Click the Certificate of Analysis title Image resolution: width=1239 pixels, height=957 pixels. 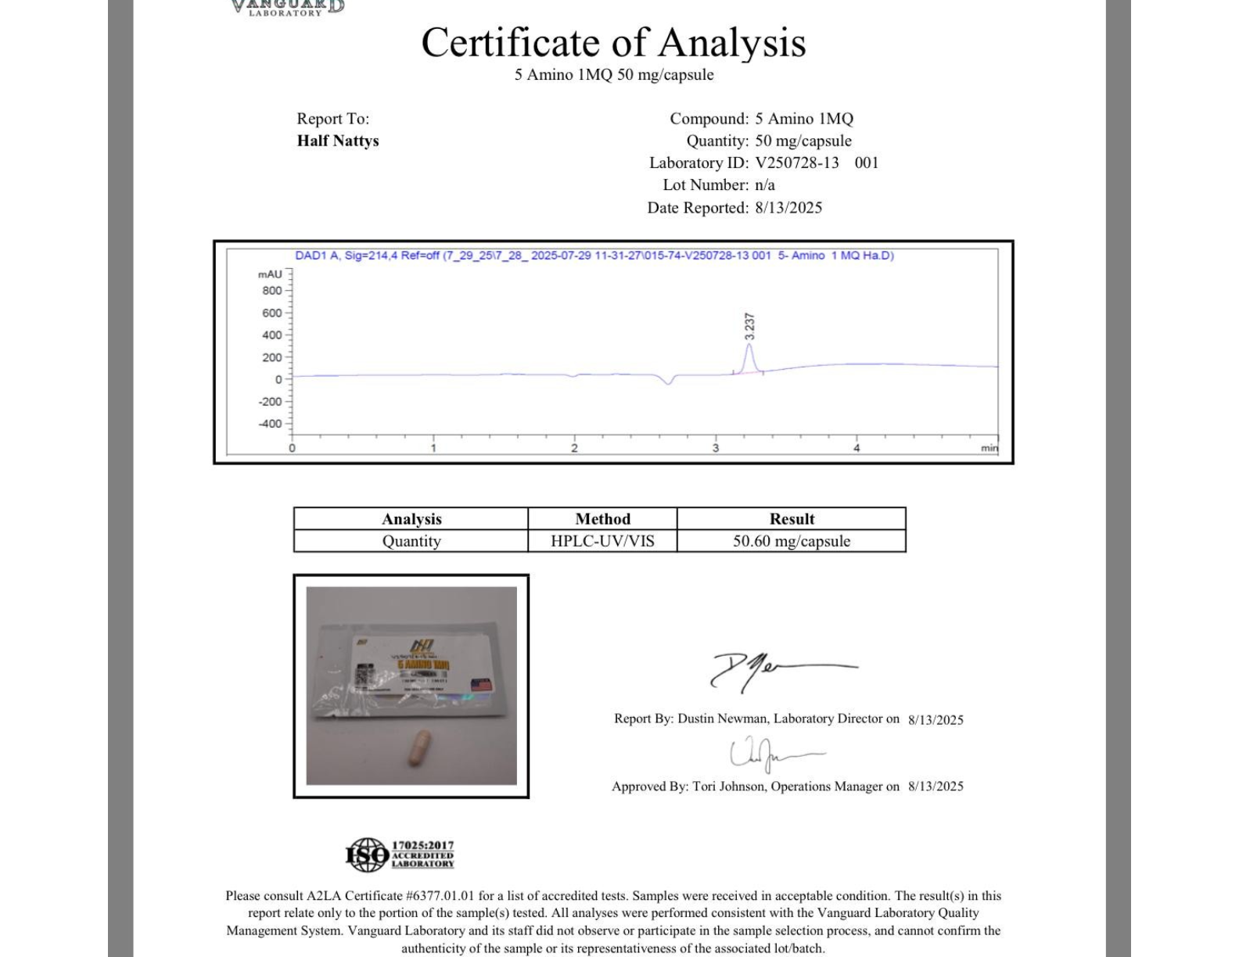click(x=613, y=42)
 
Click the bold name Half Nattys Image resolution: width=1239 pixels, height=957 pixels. click(x=338, y=141)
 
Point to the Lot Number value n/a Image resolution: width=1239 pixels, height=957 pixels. click(x=764, y=185)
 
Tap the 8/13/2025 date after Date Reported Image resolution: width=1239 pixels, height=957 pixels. click(x=788, y=207)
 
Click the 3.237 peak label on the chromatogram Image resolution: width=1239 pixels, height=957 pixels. click(x=749, y=326)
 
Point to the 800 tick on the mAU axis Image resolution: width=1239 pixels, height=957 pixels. click(x=272, y=291)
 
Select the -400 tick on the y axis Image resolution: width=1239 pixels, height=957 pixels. click(x=271, y=424)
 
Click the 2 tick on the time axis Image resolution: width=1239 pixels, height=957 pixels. click(x=574, y=448)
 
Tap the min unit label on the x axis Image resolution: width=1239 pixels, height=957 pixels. click(x=989, y=448)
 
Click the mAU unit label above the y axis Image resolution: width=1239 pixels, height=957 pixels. click(x=270, y=274)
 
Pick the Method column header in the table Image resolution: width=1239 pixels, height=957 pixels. click(x=602, y=519)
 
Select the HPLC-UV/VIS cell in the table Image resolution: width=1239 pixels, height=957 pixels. click(x=602, y=541)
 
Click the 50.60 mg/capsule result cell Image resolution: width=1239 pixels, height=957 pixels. click(x=791, y=541)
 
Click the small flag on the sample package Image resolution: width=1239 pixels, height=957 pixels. click(x=482, y=685)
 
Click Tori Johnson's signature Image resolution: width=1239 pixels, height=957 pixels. click(x=770, y=754)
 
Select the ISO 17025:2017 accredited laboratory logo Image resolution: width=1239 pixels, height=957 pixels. click(x=400, y=855)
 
